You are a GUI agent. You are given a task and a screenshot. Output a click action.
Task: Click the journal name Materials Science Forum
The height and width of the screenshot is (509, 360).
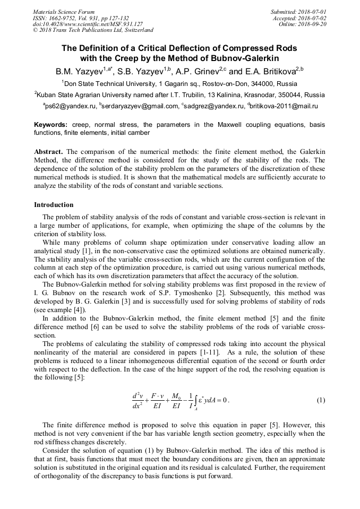coord(64,11)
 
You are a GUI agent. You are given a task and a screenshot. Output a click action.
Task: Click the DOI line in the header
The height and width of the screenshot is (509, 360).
coord(88,24)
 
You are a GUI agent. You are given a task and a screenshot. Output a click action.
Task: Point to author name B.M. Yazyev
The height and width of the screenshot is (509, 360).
coord(80,71)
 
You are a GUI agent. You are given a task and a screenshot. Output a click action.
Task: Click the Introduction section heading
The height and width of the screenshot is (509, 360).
coord(54,204)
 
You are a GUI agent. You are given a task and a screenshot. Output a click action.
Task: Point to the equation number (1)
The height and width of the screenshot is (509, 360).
coord(321,400)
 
